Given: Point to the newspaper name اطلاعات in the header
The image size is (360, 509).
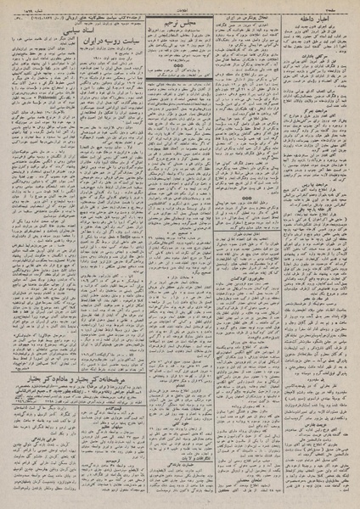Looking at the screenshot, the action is click(180, 5).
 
